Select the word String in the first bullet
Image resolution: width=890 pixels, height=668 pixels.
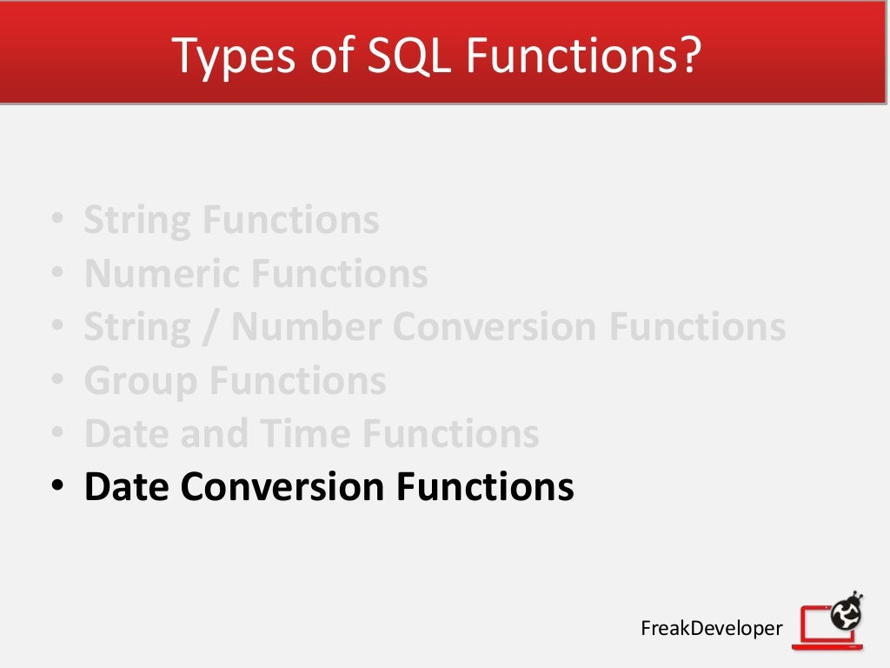pyautogui.click(x=138, y=221)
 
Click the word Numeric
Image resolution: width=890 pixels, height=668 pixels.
pyautogui.click(x=162, y=274)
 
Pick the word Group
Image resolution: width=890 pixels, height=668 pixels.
pyautogui.click(x=141, y=381)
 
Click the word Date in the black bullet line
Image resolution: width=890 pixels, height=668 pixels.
pyautogui.click(x=126, y=487)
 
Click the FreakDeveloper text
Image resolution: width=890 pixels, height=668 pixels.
pyautogui.click(x=711, y=628)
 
